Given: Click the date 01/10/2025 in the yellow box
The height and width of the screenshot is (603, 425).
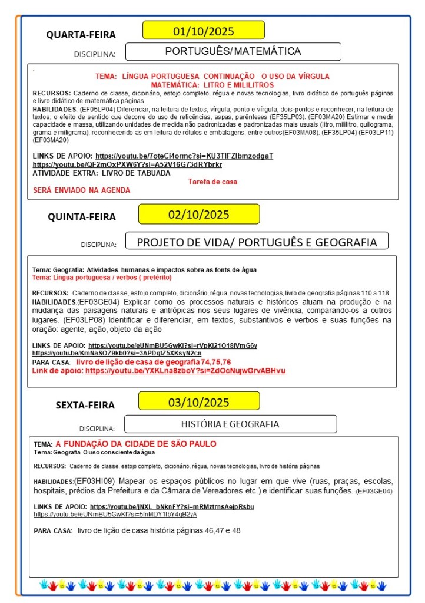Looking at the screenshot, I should coord(204,30).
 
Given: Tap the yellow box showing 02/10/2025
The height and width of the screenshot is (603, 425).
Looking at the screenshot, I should coord(199,214).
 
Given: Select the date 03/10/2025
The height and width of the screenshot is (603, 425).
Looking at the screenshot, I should coord(199,403).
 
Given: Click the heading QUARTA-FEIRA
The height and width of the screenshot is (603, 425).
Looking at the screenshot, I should coord(81,35).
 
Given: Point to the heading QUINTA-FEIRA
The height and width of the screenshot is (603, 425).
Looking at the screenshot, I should coord(82,217).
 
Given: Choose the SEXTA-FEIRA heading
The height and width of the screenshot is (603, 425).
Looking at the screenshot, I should coord(85,405).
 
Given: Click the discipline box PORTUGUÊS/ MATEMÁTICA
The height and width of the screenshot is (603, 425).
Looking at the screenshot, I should coord(233,51).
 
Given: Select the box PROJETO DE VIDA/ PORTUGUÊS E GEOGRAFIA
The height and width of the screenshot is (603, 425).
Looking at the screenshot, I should coord(257,242).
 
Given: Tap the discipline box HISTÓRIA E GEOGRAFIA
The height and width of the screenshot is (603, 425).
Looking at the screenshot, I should coord(230,424).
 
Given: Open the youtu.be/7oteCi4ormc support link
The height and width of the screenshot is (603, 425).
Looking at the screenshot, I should coord(184,156).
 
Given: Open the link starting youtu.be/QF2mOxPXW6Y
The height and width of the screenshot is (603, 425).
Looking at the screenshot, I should coord(127,164).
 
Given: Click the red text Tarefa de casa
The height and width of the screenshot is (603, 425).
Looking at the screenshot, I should coord(213,182).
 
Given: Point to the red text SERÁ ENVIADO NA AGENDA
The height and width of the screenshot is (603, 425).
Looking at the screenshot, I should coord(82,190).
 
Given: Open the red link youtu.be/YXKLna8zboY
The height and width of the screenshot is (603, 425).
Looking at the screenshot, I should coord(185,371).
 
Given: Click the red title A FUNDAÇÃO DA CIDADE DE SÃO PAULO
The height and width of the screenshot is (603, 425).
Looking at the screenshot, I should coord(136,444).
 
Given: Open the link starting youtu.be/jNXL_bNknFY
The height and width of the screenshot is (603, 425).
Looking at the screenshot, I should coord(172,506).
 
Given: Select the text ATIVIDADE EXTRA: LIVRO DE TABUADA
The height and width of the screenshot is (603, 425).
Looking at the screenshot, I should coord(101,173).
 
